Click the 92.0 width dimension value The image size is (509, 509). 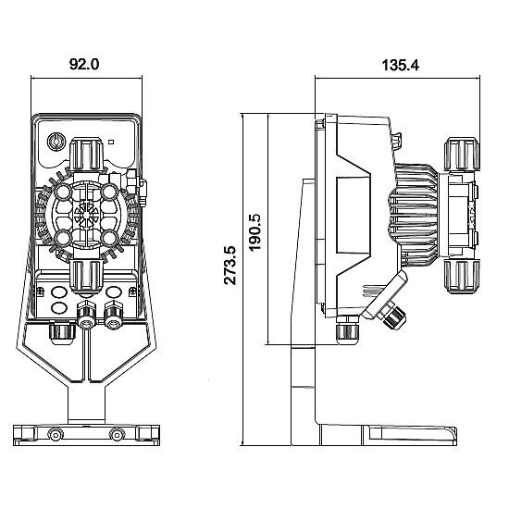(84, 66)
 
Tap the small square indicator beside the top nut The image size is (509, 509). (110, 143)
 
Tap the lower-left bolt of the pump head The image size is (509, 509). (62, 238)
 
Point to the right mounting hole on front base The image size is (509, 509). (116, 434)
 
